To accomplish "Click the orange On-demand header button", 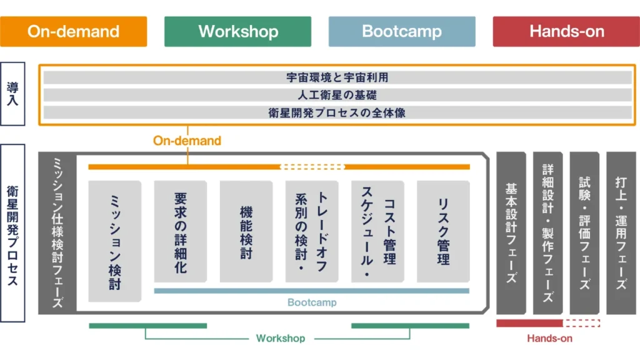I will pyautogui.click(x=74, y=31).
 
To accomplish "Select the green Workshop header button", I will pyautogui.click(x=238, y=31).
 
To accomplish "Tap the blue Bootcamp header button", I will pyautogui.click(x=402, y=31).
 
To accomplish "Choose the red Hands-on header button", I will pyautogui.click(x=566, y=31).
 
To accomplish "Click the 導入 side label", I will pyautogui.click(x=12, y=94).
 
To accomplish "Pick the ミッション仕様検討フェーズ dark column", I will pyautogui.click(x=57, y=232).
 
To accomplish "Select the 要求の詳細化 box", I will pyautogui.click(x=181, y=232).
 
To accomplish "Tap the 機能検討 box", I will pyautogui.click(x=246, y=232).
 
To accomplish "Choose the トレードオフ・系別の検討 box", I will pyautogui.click(x=312, y=232).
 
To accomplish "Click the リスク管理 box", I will pyautogui.click(x=443, y=232).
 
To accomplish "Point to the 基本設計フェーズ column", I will pyautogui.click(x=511, y=232).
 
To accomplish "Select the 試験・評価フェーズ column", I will pyautogui.click(x=585, y=232).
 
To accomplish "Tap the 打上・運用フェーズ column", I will pyautogui.click(x=621, y=232).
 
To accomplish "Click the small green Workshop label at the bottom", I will pyautogui.click(x=281, y=338).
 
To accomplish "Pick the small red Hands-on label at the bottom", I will pyautogui.click(x=549, y=338).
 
